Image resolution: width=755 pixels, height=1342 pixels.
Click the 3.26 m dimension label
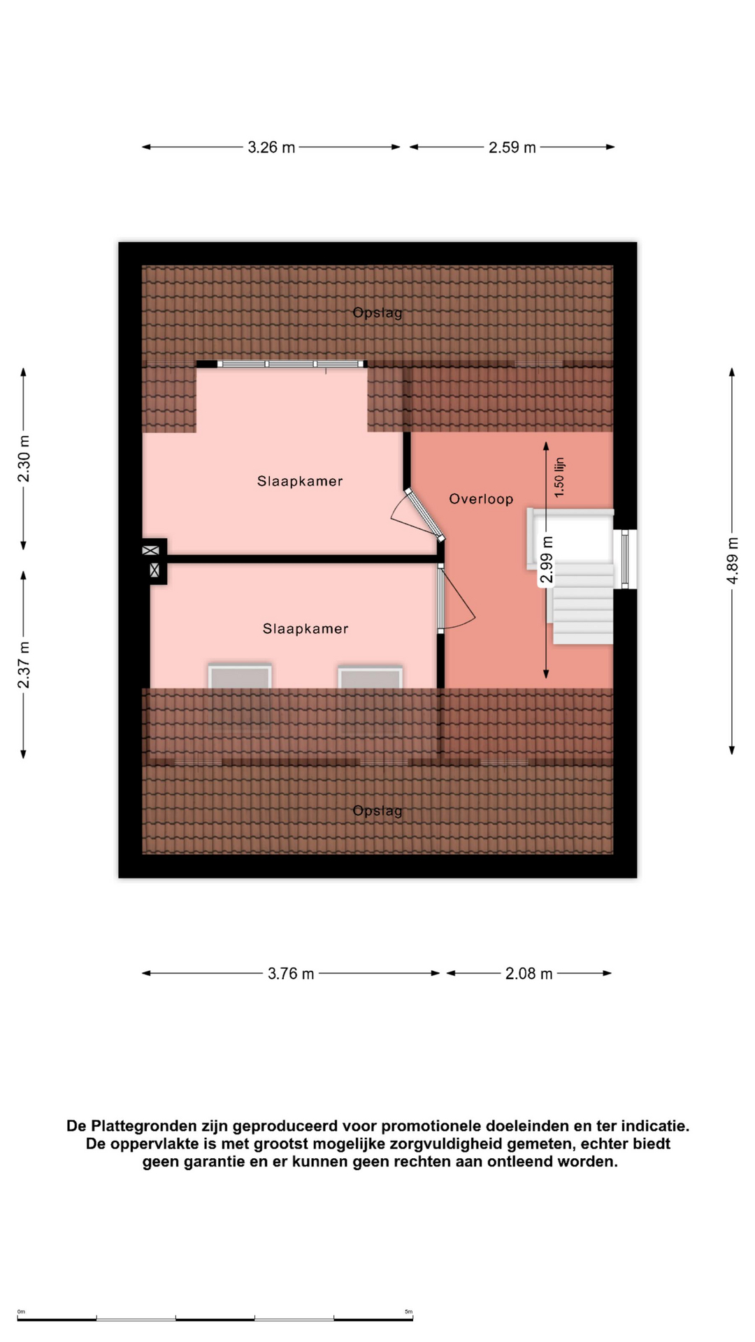271,147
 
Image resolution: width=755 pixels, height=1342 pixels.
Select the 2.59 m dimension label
512,147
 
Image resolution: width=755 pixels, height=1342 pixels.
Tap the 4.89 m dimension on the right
732,561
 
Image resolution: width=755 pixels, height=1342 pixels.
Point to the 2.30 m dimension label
24,459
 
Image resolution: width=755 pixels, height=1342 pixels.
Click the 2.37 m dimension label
24,665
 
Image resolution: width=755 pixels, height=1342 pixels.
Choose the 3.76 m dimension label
291,974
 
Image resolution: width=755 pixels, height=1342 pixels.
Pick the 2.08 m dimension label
529,974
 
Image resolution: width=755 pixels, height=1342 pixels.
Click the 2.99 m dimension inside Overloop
547,560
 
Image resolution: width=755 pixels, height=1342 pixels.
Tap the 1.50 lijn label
559,477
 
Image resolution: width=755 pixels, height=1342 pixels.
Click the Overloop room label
481,499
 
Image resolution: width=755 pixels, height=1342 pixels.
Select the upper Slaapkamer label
300,481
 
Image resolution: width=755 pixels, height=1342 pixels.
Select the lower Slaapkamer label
305,628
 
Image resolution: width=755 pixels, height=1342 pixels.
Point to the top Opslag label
377,313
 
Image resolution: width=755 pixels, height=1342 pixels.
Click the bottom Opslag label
377,811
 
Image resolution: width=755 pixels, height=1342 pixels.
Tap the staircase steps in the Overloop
582,603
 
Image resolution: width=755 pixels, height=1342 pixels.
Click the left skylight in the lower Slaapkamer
240,677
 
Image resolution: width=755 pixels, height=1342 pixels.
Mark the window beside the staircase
625,559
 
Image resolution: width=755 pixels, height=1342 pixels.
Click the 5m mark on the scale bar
408,1312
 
